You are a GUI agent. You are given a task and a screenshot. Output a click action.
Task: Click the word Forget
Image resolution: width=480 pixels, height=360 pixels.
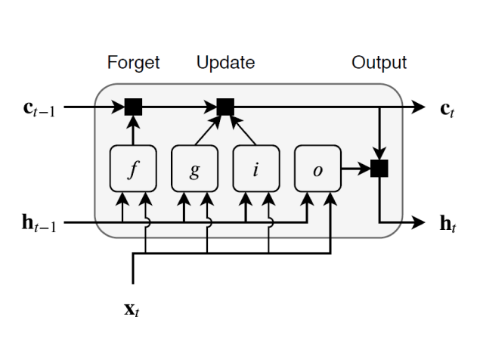[133, 63]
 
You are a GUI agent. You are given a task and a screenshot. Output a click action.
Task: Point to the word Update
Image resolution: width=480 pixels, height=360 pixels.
[225, 63]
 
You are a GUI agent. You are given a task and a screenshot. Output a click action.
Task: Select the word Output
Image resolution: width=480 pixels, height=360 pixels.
[379, 63]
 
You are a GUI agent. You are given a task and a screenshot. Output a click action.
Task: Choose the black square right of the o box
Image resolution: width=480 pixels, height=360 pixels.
[379, 169]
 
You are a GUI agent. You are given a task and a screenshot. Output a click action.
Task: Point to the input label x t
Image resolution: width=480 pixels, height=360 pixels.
[133, 311]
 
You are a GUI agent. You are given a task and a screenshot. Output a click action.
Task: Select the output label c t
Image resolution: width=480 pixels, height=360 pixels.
[447, 108]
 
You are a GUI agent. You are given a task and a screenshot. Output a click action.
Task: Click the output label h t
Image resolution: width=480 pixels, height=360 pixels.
[447, 225]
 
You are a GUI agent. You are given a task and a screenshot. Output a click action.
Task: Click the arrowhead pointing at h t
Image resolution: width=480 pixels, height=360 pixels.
[419, 223]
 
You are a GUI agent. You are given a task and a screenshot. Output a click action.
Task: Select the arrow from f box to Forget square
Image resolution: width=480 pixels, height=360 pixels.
[134, 132]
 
